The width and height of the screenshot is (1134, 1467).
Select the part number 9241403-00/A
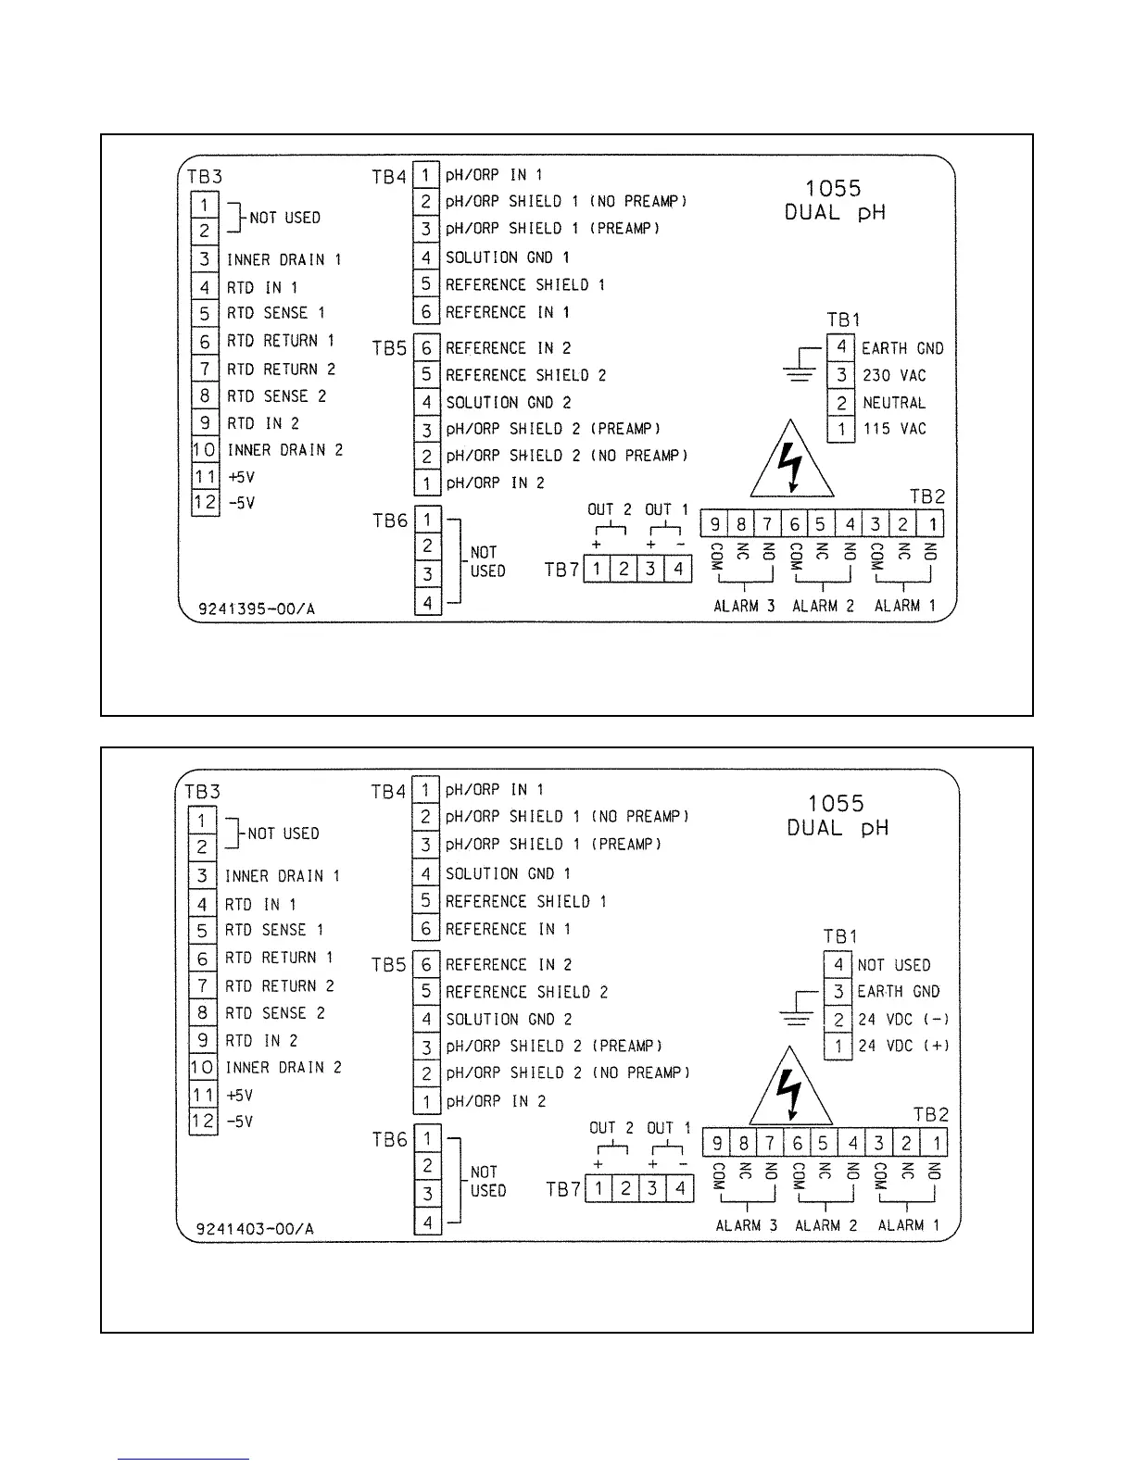point(255,1229)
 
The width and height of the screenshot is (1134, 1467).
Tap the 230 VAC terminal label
point(894,375)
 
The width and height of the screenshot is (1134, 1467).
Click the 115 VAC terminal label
point(894,429)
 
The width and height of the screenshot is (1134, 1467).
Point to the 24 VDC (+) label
point(903,1047)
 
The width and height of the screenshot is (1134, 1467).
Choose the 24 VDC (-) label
point(903,1020)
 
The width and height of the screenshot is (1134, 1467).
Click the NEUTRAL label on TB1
point(894,403)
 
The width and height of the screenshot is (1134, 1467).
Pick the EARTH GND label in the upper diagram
point(902,348)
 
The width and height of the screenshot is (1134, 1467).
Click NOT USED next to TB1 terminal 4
point(894,965)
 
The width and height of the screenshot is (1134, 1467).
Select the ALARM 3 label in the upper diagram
point(744,607)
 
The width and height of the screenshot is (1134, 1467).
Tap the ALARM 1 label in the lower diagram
point(908,1225)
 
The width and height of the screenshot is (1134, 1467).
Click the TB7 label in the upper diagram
point(561,570)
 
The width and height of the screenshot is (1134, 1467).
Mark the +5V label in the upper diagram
point(241,477)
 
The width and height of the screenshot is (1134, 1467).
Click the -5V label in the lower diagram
point(239,1122)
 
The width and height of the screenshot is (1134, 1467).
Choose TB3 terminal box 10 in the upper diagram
point(204,450)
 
